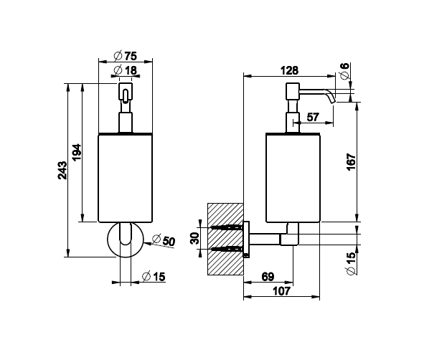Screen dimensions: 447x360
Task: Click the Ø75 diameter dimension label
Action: (x=125, y=56)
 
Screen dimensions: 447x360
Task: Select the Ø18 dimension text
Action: (x=125, y=70)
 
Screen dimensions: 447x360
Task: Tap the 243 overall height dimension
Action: (x=62, y=170)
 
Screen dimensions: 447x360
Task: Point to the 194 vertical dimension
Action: (x=76, y=153)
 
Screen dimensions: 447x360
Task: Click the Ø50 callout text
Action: (x=163, y=240)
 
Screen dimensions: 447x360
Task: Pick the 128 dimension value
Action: (x=289, y=70)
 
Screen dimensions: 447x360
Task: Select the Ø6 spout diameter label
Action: (x=344, y=71)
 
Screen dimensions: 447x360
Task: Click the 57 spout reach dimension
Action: (x=313, y=117)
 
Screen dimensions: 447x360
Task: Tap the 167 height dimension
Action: (x=352, y=162)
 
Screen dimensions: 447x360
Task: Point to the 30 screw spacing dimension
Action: (x=194, y=238)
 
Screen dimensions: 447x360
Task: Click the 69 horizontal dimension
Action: (x=268, y=277)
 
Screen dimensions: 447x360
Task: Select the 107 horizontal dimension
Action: (x=281, y=291)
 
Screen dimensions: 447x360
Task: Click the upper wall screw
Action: (x=227, y=227)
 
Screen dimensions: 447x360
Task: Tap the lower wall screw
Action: (x=227, y=249)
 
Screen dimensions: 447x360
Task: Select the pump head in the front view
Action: (x=126, y=91)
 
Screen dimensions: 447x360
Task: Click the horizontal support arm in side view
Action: (x=264, y=240)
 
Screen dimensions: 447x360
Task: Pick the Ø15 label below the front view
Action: (x=154, y=277)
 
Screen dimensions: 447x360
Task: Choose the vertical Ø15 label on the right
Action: (x=352, y=263)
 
